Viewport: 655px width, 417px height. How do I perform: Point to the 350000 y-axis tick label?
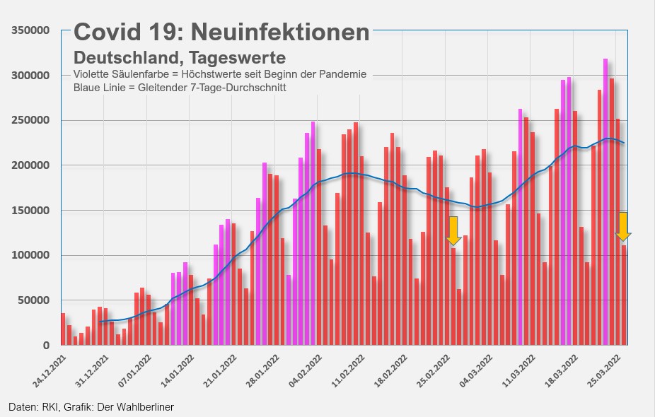[29, 30]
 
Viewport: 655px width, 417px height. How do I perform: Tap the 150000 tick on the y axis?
[29, 211]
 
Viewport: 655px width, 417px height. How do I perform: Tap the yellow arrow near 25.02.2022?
[453, 231]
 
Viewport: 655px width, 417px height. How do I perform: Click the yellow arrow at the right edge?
[623, 227]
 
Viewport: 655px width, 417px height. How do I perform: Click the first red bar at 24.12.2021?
[63, 329]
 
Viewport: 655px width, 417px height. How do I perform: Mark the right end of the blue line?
[623, 143]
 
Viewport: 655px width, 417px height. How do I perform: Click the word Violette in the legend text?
[92, 75]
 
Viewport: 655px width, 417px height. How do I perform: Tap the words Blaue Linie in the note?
[100, 88]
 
